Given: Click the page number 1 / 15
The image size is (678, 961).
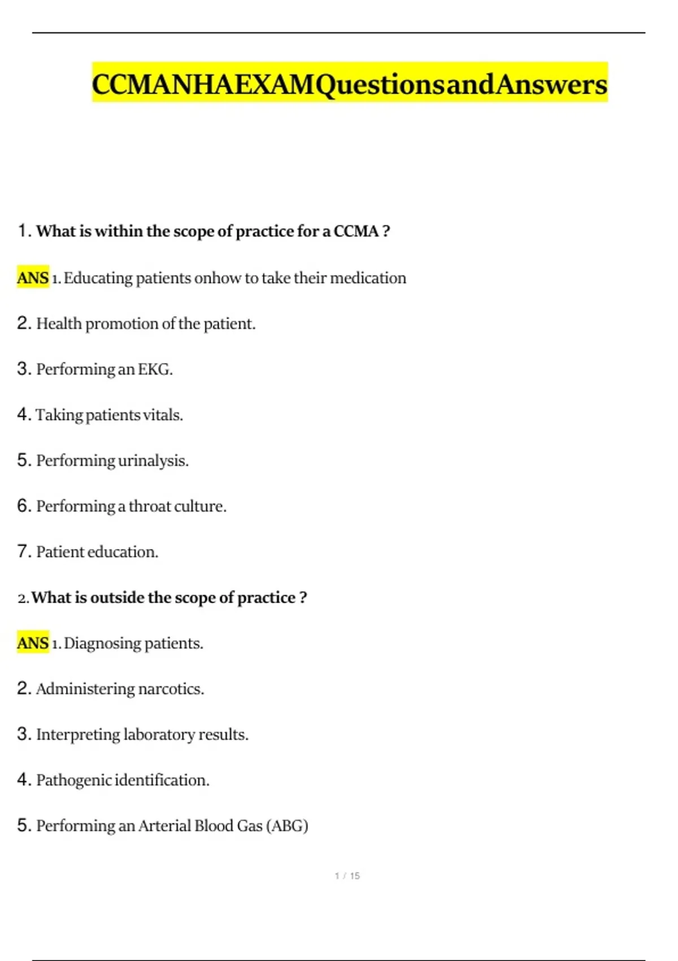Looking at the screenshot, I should [347, 876].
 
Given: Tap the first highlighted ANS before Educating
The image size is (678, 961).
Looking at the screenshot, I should [33, 278].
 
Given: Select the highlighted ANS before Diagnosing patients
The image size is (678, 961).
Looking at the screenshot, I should [33, 643].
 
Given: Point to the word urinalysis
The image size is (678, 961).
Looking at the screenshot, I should [153, 461].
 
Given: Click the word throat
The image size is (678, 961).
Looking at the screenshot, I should [150, 506].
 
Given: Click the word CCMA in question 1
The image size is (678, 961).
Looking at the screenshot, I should [356, 231].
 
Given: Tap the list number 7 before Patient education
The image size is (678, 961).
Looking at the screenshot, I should [23, 551].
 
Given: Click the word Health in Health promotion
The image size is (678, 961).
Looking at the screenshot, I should [59, 323].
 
